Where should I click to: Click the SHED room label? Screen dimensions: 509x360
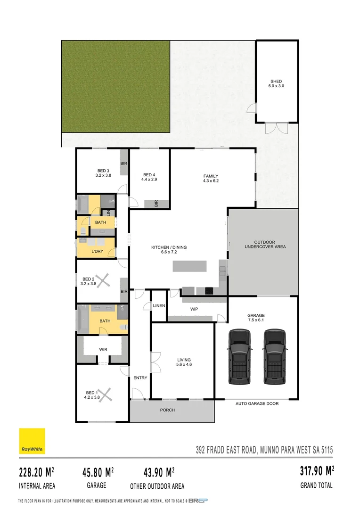[x=276, y=82]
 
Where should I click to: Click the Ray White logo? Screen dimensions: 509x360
[x=32, y=441]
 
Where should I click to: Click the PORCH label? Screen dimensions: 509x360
[x=167, y=410]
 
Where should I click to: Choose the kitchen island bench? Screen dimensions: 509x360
[x=189, y=266]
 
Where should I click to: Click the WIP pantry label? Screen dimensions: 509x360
[x=194, y=310]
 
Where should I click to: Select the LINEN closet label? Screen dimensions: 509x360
[x=159, y=306]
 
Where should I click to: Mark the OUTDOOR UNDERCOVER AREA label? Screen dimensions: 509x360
[x=263, y=244]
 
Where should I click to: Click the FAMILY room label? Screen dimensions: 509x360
[x=211, y=176]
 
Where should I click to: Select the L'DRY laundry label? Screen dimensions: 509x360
[x=97, y=252]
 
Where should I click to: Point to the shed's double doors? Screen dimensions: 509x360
[x=276, y=128]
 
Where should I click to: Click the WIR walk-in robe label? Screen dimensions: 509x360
[x=103, y=350]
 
